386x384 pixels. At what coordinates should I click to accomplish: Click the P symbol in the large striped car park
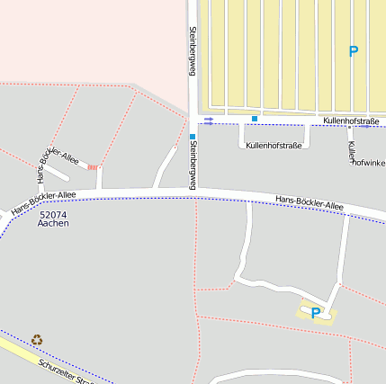(353, 52)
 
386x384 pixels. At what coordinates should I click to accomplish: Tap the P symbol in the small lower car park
(316, 313)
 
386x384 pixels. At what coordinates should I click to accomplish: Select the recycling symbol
(37, 340)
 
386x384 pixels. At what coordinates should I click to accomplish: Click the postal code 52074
(54, 215)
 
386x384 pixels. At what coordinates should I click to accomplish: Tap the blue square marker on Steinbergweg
(193, 138)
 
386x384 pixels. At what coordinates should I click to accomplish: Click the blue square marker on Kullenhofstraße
(255, 119)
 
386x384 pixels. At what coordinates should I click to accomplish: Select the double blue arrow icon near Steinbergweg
(209, 121)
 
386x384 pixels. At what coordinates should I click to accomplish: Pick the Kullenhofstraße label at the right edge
(351, 121)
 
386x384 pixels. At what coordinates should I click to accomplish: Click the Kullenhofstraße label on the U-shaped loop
(274, 145)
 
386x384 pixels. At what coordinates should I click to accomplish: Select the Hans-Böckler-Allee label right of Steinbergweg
(309, 205)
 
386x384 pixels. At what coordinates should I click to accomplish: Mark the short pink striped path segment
(93, 167)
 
